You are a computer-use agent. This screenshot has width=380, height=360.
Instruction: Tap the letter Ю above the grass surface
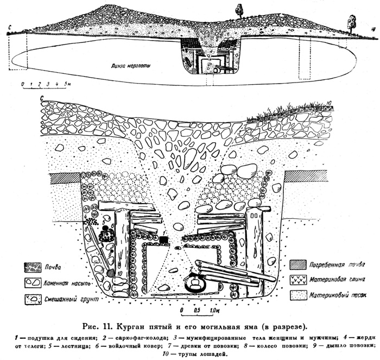(330, 102)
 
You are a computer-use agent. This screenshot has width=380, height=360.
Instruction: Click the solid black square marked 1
(163, 239)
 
